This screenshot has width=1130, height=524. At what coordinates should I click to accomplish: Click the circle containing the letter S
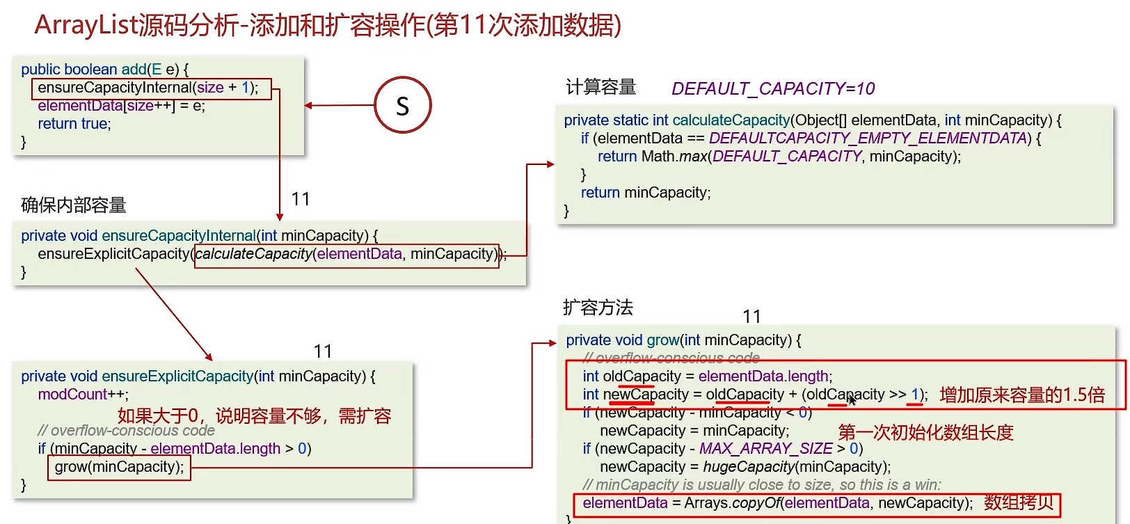pyautogui.click(x=403, y=106)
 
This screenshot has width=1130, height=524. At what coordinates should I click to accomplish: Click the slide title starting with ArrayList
pyautogui.click(x=328, y=25)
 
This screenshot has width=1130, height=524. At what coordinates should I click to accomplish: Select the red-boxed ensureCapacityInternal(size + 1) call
pyautogui.click(x=151, y=88)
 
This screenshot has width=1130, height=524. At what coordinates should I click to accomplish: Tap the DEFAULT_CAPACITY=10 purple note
pyautogui.click(x=773, y=89)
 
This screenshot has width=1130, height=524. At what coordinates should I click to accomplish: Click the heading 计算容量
pyautogui.click(x=600, y=87)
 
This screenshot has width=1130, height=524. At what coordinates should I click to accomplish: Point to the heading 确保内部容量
pyautogui.click(x=74, y=205)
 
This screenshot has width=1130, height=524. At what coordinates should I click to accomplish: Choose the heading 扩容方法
pyautogui.click(x=598, y=308)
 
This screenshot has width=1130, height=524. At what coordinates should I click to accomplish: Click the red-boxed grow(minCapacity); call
pyautogui.click(x=119, y=467)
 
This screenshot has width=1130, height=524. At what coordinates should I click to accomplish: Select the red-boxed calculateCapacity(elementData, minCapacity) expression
pyautogui.click(x=347, y=255)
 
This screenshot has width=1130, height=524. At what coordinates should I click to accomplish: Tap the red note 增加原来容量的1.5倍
pyautogui.click(x=1022, y=395)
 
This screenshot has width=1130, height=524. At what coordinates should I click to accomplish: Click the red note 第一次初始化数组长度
pyautogui.click(x=925, y=432)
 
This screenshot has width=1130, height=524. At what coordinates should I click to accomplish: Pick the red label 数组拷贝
pyautogui.click(x=1019, y=502)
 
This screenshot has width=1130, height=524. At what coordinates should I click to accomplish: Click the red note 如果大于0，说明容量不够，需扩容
pyautogui.click(x=254, y=416)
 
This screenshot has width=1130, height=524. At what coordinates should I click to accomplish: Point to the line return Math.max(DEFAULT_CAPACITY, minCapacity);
pyautogui.click(x=779, y=157)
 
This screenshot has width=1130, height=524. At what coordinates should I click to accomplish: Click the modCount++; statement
pyautogui.click(x=83, y=395)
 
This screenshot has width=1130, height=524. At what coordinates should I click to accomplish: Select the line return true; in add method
pyautogui.click(x=74, y=124)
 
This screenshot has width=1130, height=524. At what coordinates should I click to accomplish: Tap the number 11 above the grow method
pyautogui.click(x=751, y=317)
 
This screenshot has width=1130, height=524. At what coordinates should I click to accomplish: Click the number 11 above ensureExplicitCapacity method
pyautogui.click(x=323, y=351)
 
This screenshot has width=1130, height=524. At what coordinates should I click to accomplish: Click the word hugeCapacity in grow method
pyautogui.click(x=748, y=467)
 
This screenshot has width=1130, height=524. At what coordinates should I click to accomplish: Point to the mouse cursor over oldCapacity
pyautogui.click(x=852, y=399)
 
